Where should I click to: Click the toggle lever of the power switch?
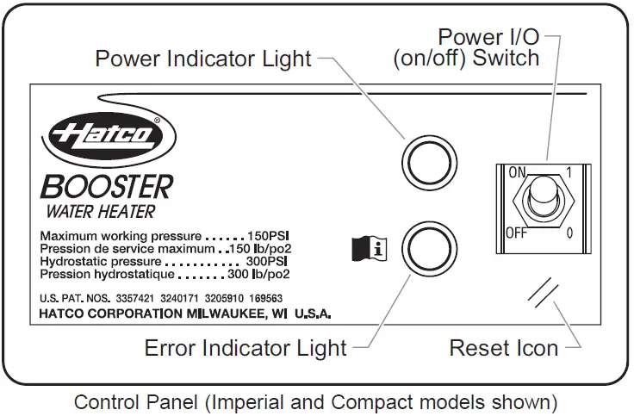pyautogui.click(x=542, y=196)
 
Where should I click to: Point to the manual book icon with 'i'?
pyautogui.click(x=370, y=249)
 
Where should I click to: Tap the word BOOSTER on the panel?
pyautogui.click(x=105, y=186)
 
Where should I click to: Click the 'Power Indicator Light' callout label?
pyautogui.click(x=203, y=59)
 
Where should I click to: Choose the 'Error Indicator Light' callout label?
pyautogui.click(x=246, y=348)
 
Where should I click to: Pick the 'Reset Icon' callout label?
pyautogui.click(x=504, y=348)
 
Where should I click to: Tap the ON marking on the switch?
pyautogui.click(x=517, y=173)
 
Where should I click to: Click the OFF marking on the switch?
pyautogui.click(x=515, y=232)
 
